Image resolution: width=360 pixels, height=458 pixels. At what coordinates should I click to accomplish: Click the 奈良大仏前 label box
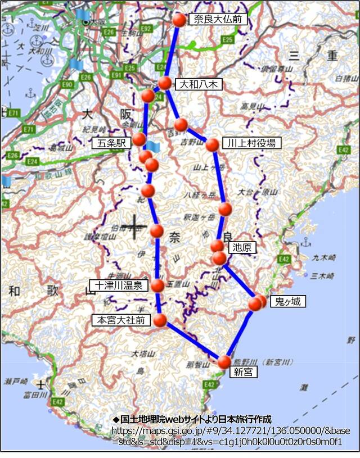click(218, 20)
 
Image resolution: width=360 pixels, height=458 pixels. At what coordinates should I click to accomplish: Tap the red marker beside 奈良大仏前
click(179, 20)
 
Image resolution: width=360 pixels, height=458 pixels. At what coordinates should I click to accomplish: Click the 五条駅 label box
click(113, 143)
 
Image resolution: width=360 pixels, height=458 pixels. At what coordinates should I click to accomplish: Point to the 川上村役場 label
click(251, 143)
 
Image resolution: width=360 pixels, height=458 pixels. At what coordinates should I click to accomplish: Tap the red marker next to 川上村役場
click(212, 145)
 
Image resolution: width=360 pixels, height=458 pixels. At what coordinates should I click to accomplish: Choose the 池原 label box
click(242, 247)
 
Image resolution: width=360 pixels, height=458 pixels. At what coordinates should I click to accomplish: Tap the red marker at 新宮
click(224, 362)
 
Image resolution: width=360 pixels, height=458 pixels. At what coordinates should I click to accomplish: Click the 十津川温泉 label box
click(119, 285)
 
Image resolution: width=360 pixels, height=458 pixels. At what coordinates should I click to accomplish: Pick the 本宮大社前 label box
click(121, 320)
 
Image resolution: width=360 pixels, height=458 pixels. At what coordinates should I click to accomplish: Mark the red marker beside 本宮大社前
click(160, 320)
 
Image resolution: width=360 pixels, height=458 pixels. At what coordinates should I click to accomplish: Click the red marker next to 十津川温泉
click(157, 285)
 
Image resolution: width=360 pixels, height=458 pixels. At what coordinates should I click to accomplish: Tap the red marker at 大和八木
click(165, 83)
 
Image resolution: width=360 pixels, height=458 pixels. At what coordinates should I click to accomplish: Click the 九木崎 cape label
click(324, 258)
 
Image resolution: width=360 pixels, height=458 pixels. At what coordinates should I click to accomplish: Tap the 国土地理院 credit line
click(192, 419)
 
